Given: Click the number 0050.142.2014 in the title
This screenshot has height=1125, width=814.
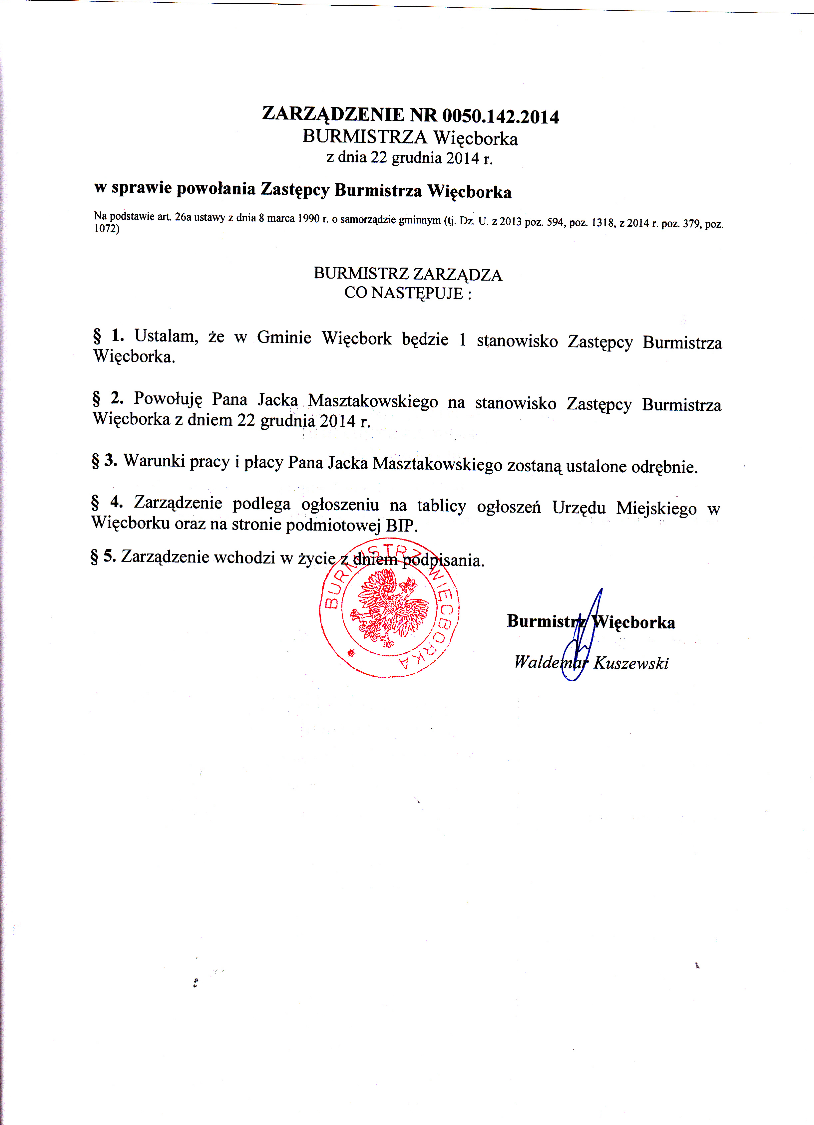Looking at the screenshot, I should click(x=500, y=116).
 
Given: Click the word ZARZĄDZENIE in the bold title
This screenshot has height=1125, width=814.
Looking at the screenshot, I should click(x=333, y=114).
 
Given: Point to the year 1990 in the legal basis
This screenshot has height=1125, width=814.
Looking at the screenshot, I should click(x=308, y=219).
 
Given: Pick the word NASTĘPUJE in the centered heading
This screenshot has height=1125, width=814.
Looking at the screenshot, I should click(x=417, y=293).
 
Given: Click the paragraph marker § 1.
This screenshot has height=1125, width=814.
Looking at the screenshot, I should click(x=108, y=336).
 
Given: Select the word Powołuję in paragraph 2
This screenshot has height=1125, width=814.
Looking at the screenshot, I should click(x=168, y=398).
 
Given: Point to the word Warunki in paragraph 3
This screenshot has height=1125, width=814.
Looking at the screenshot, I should click(x=154, y=461).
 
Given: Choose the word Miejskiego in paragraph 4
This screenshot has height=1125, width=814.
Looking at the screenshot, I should click(x=656, y=509).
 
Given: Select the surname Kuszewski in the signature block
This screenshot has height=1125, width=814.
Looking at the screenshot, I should click(x=631, y=663).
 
